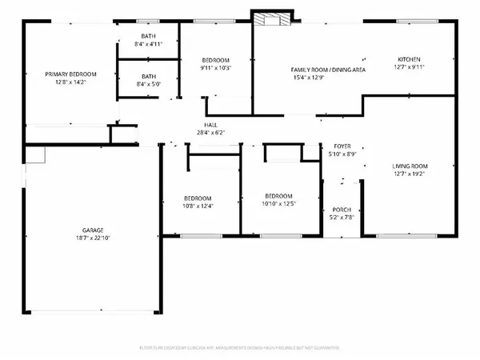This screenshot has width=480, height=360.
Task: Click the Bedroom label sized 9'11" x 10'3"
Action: tap(215, 60)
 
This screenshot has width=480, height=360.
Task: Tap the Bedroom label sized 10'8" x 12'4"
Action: tap(198, 198)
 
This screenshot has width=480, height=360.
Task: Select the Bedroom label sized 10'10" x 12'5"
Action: tap(279, 196)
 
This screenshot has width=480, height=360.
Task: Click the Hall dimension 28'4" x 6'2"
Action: tap(210, 133)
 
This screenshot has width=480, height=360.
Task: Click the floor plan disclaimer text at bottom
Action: tap(240, 348)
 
